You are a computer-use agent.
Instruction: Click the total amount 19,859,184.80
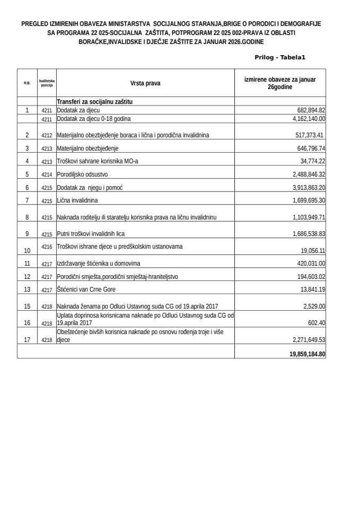(304, 354)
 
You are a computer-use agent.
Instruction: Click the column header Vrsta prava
(145, 83)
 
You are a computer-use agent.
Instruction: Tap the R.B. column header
(27, 83)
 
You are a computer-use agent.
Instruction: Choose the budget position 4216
(47, 247)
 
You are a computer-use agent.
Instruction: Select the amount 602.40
(315, 322)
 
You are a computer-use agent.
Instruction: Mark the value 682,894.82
(308, 110)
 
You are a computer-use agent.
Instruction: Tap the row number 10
(27, 250)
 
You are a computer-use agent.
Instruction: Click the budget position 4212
(47, 136)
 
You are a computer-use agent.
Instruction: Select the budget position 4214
(47, 174)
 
